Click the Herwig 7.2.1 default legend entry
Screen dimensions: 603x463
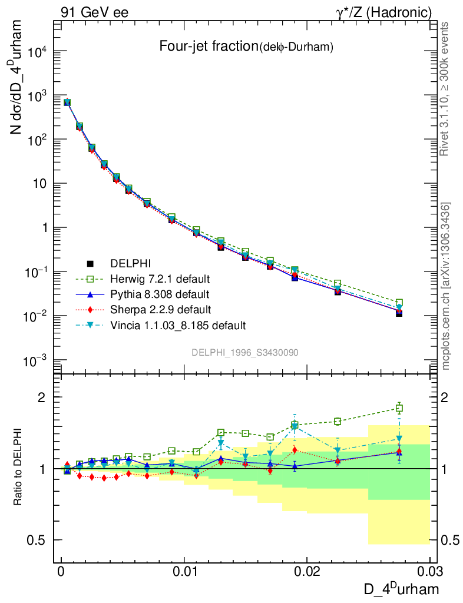point(160,278)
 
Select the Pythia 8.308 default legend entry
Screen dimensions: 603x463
point(160,293)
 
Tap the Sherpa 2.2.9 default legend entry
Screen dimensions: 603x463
point(160,309)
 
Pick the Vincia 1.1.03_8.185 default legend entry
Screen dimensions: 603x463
point(177,325)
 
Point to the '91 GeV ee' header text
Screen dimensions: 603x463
point(94,12)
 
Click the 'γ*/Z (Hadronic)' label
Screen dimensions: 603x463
point(390,12)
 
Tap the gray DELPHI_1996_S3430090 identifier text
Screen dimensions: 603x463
point(244,352)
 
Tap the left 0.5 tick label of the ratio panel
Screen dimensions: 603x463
point(38,540)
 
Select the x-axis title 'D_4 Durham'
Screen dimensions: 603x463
point(400,588)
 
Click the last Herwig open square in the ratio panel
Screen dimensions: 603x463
point(399,408)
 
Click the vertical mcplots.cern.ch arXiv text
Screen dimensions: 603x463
point(446,286)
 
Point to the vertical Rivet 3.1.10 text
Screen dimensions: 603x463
point(446,88)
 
